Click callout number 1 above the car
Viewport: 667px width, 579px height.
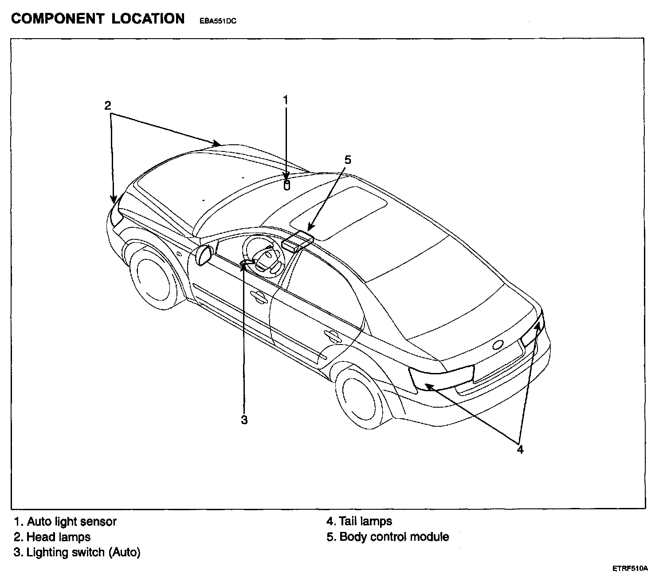(x=286, y=99)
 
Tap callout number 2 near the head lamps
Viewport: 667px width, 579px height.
(x=108, y=106)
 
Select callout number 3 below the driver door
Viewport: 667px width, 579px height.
(x=244, y=420)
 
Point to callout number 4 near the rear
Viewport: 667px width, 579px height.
(x=520, y=450)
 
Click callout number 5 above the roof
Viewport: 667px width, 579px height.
(x=348, y=160)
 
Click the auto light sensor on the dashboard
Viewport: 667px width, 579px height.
(x=286, y=185)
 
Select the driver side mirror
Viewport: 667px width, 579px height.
(x=204, y=255)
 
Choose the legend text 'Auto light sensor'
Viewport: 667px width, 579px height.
(x=71, y=521)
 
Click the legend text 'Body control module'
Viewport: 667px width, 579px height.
(x=394, y=537)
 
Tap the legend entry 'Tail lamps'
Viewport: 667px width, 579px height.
(x=365, y=521)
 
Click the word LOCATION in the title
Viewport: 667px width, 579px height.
(x=148, y=19)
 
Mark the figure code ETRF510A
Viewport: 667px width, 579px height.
(x=630, y=568)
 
